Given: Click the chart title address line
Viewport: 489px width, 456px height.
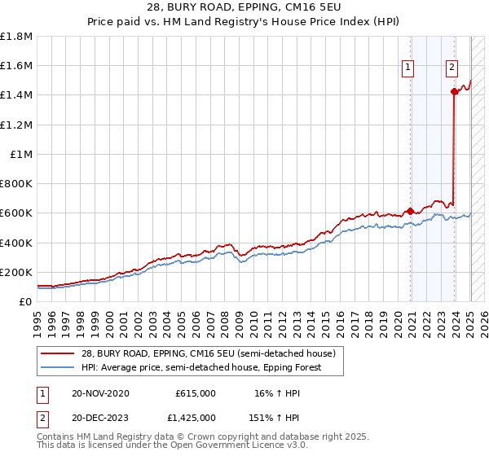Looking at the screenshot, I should coord(244,9).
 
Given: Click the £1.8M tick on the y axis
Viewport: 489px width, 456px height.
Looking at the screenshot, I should coord(16,37).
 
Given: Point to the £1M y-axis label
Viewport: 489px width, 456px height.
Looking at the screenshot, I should coord(21,154).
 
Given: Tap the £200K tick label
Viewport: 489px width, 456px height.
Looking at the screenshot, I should coord(16,272).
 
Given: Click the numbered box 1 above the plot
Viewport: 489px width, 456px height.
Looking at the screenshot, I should coord(407,68).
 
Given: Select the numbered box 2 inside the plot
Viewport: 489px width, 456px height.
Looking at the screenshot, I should coord(452,68).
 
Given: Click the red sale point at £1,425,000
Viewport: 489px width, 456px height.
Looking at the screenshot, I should coord(454,92).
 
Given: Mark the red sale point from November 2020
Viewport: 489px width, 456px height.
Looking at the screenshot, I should coord(410,210).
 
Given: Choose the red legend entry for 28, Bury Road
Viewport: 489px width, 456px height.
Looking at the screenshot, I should coord(205,353).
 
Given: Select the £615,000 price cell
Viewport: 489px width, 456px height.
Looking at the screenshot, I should coord(196,393).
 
